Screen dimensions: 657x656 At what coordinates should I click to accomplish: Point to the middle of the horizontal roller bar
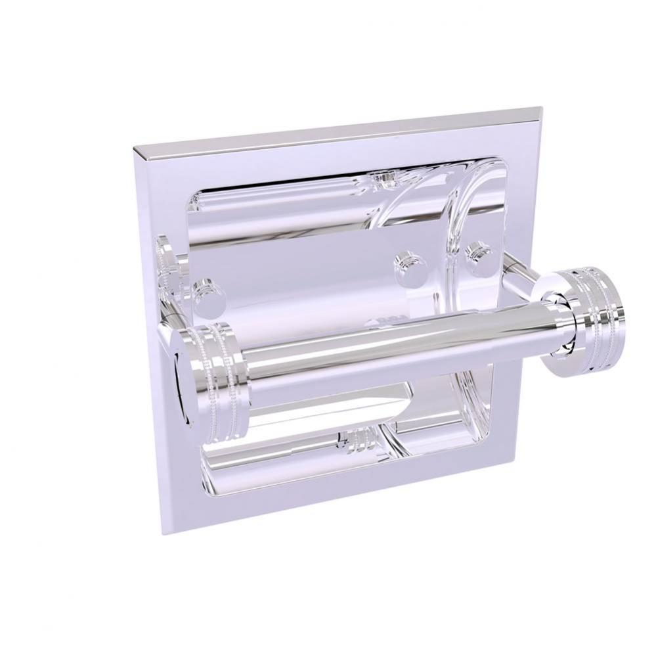[x=381, y=345]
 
